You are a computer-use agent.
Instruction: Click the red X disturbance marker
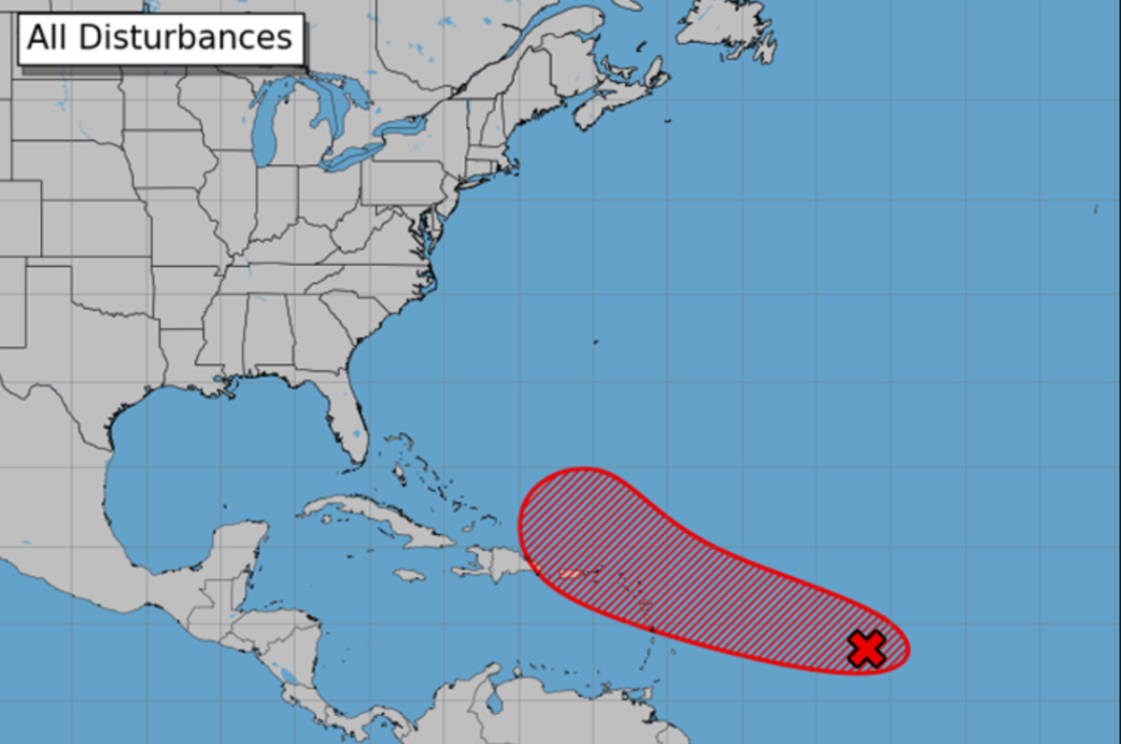click(x=867, y=649)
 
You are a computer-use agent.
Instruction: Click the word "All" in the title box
click(x=50, y=37)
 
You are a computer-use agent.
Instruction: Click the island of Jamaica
click(x=409, y=575)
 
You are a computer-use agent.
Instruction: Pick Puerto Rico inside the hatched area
click(x=570, y=573)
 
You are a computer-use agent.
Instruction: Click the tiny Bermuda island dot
click(x=595, y=342)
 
